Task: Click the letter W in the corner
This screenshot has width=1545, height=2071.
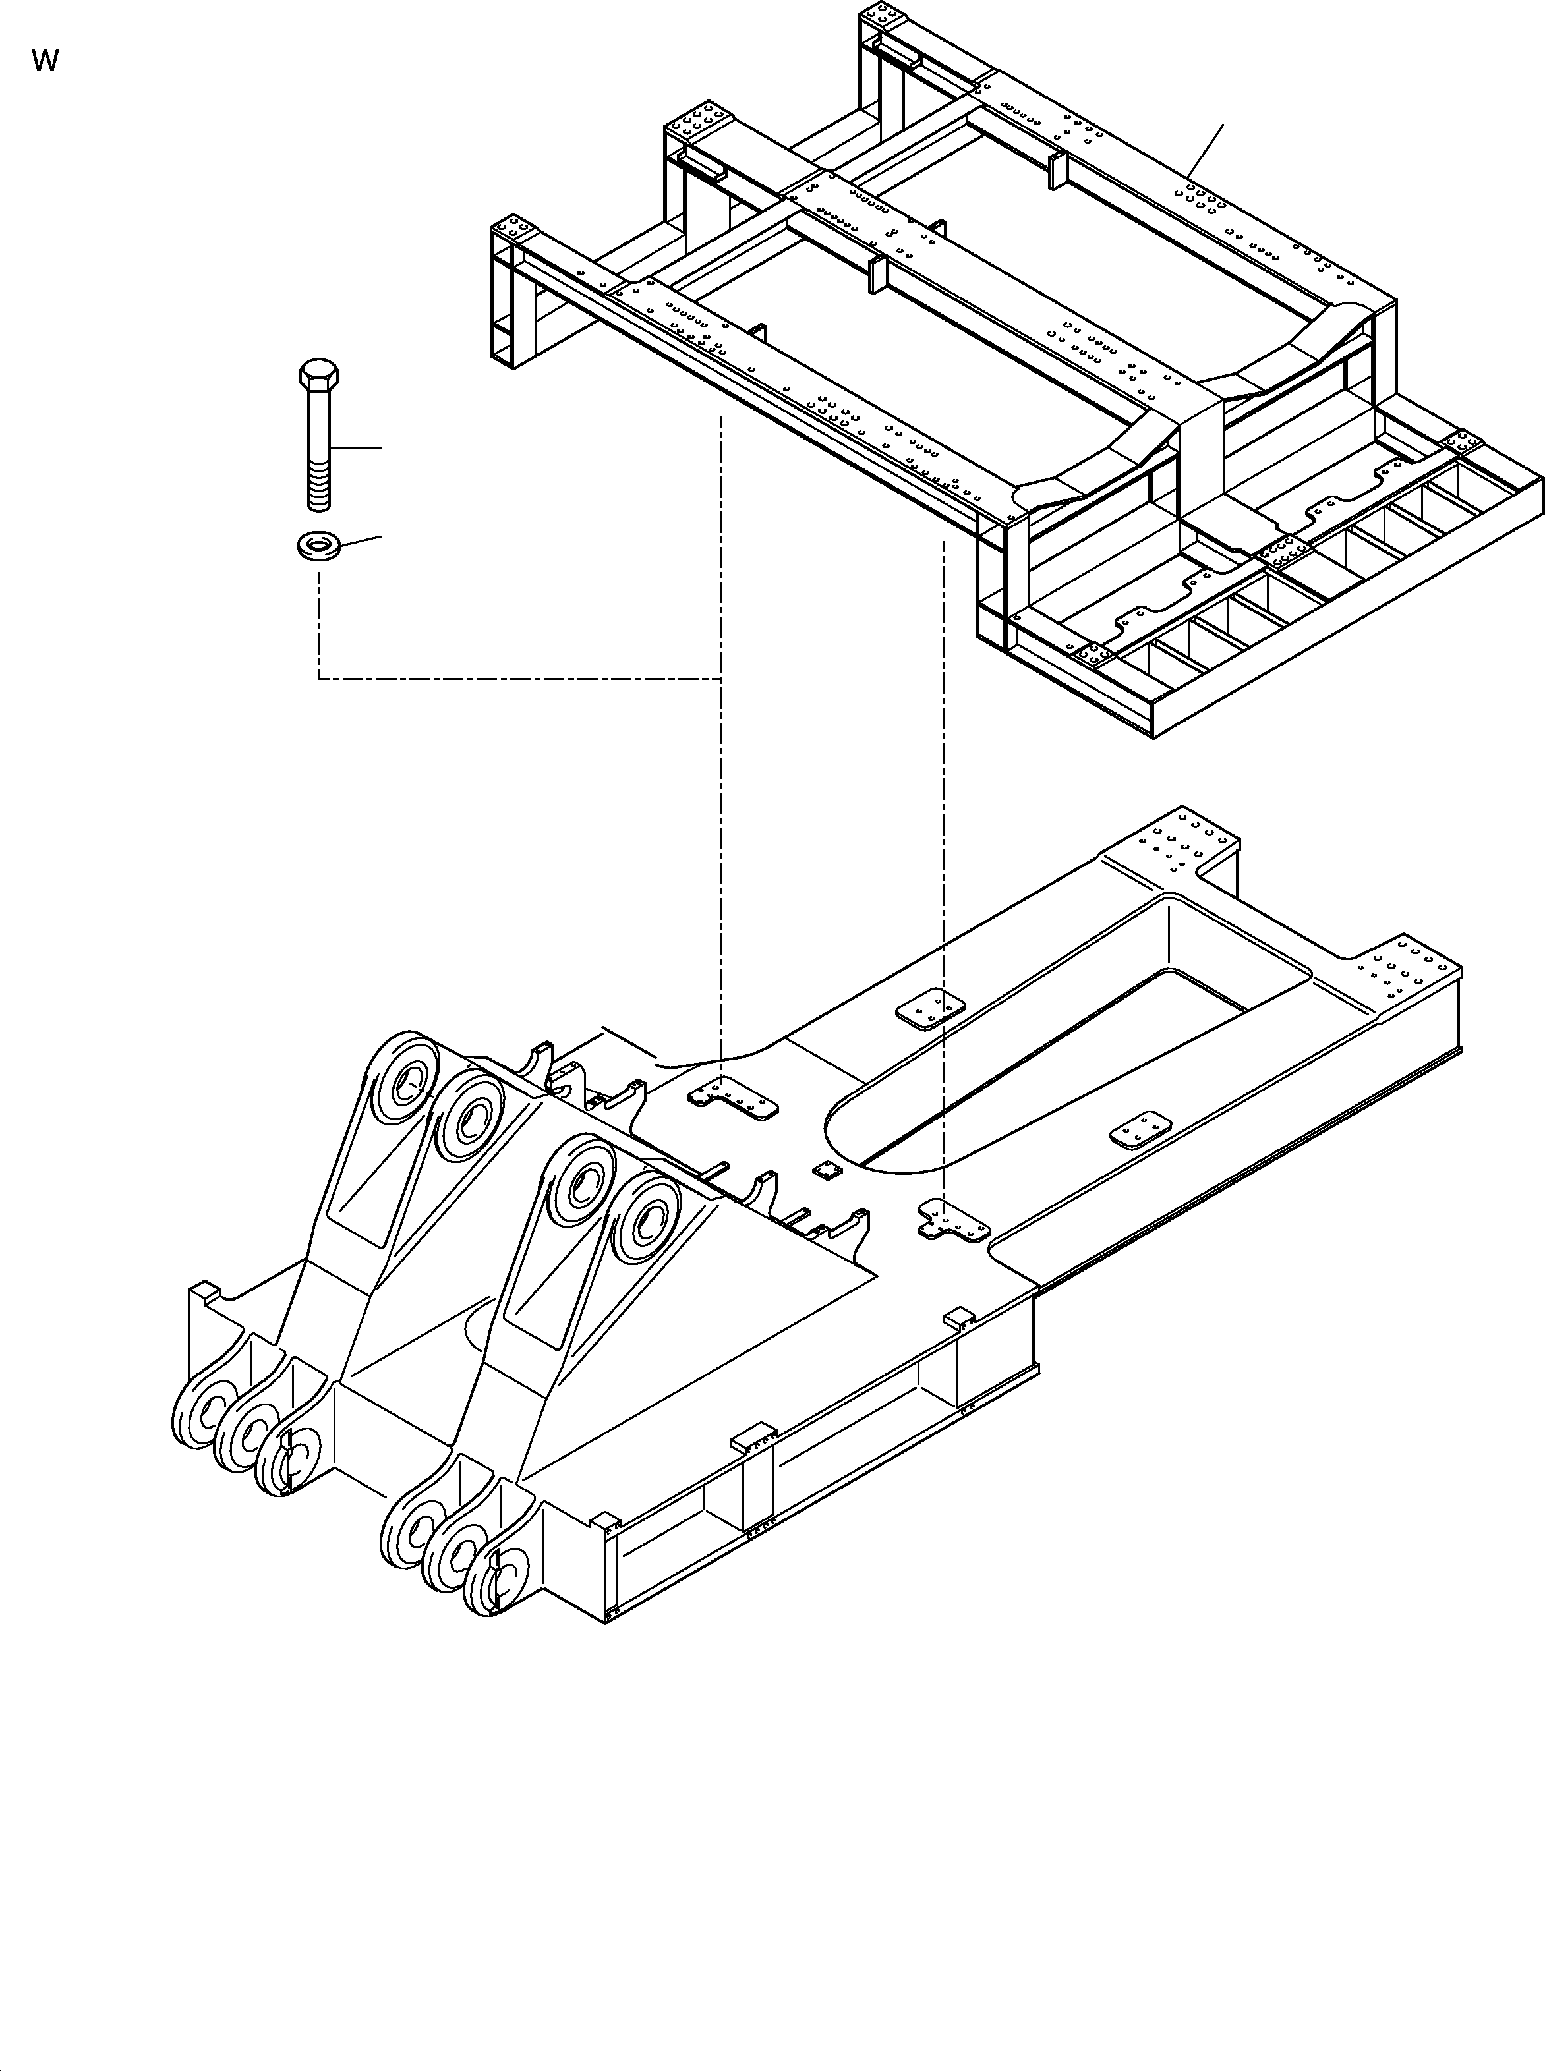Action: (x=44, y=62)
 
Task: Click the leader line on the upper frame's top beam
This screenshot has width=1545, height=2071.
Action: (x=1206, y=150)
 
